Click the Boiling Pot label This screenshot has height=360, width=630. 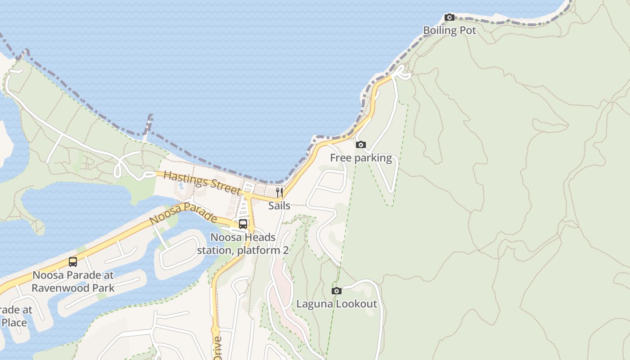[x=449, y=31]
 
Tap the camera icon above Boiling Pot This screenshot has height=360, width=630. [x=449, y=18]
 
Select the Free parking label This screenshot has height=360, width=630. [x=361, y=158]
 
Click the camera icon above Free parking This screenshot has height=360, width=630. [x=360, y=145]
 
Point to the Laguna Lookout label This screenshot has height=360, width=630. [x=336, y=304]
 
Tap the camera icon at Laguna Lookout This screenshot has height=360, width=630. [x=336, y=291]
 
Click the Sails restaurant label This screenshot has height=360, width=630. [x=279, y=206]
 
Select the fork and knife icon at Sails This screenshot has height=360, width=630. [x=279, y=193]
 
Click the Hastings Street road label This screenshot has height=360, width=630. [x=202, y=183]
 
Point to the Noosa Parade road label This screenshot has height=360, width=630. [x=184, y=213]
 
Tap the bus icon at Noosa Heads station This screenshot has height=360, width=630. [x=243, y=224]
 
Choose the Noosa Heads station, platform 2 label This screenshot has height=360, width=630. [x=243, y=243]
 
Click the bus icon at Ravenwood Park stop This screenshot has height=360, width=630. [x=73, y=261]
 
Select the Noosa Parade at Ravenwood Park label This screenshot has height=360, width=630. [x=73, y=281]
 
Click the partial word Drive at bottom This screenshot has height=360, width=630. [x=217, y=348]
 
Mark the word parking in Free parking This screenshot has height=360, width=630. [x=373, y=158]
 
